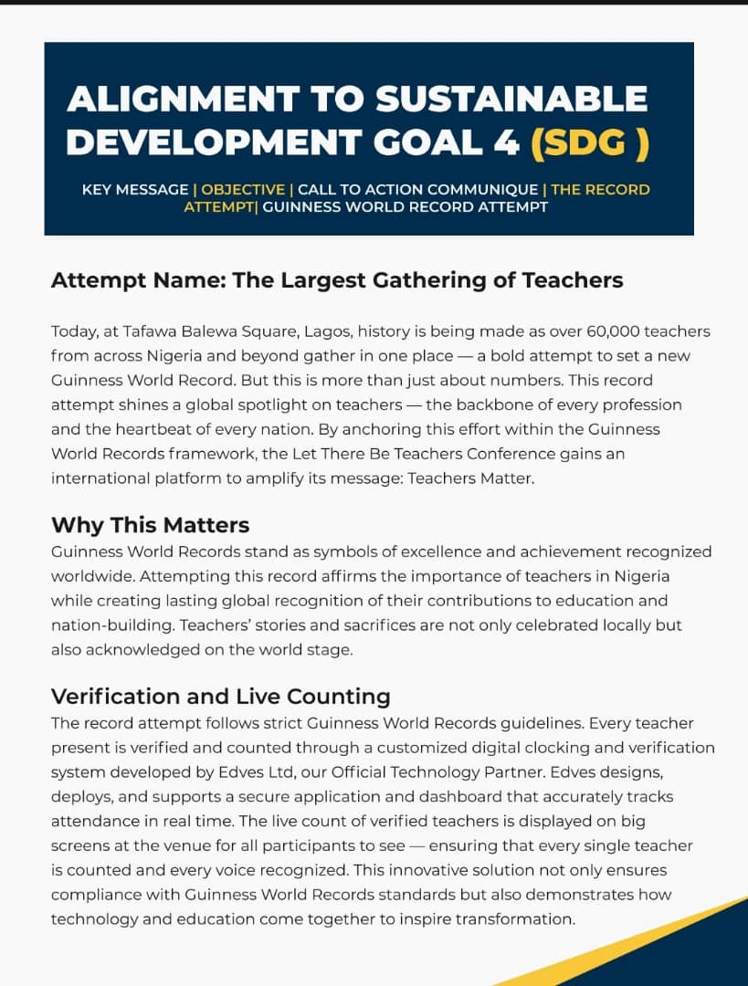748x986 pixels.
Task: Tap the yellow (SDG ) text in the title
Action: (590, 142)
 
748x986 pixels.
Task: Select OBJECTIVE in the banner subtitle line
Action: (243, 190)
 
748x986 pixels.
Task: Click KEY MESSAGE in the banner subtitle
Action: (135, 190)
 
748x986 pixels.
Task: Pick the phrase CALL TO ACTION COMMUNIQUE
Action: (417, 190)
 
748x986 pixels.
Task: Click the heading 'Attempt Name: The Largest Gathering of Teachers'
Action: (337, 280)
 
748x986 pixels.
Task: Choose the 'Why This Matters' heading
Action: (151, 525)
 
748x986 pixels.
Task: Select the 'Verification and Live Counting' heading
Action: (221, 697)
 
